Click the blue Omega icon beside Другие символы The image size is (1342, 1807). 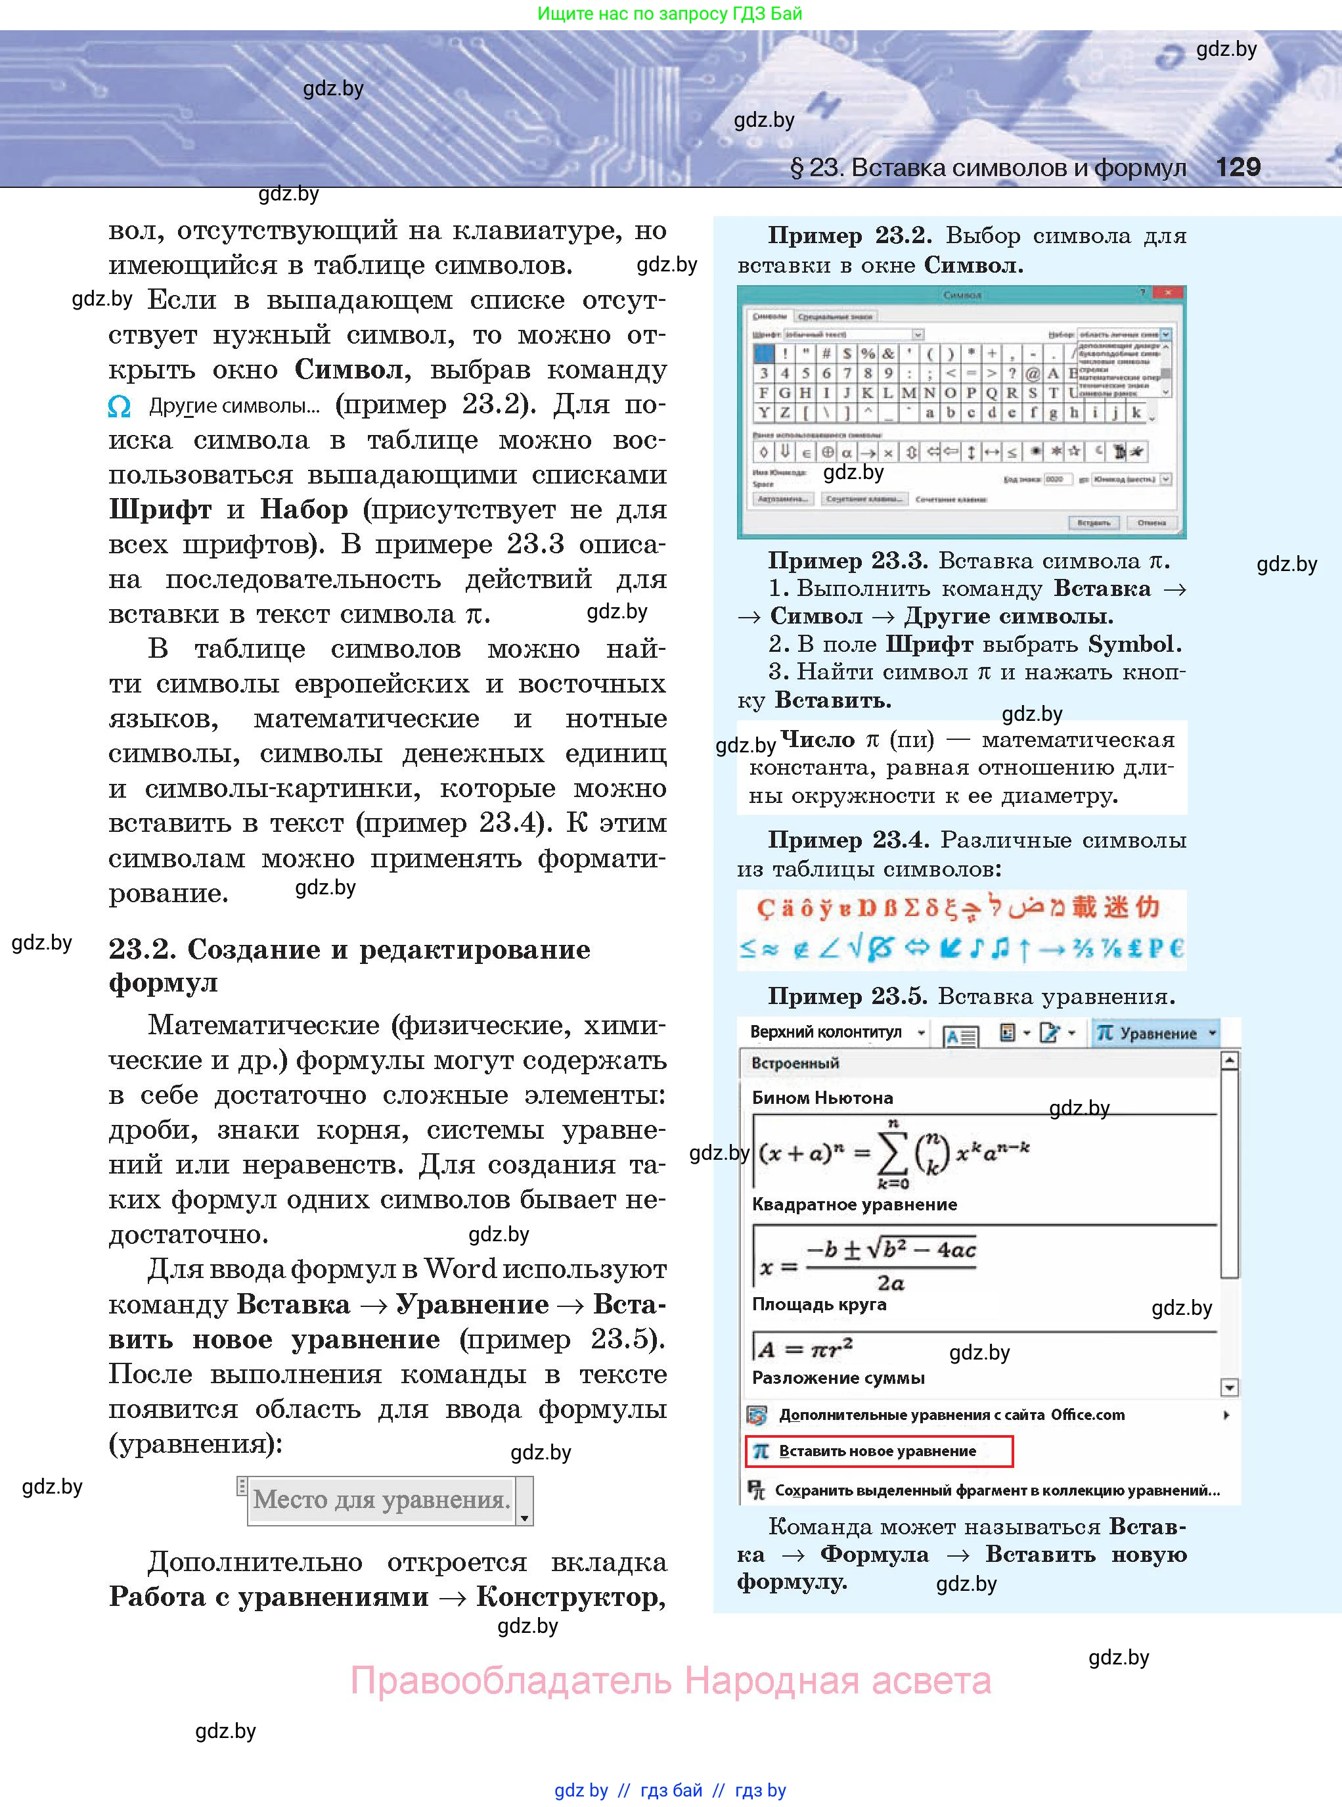coord(120,406)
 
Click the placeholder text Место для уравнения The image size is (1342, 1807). coord(381,1499)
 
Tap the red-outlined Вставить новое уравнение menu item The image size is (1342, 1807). coord(878,1451)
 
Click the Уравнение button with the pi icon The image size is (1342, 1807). coord(1155,1034)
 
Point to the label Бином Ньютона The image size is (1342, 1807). coord(822,1098)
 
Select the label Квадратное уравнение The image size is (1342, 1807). coord(854,1204)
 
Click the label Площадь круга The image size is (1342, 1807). coord(819,1304)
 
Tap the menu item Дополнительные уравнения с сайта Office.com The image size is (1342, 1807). coord(951,1415)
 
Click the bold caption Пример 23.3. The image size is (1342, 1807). coord(847,560)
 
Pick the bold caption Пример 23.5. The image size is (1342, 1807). coord(847,996)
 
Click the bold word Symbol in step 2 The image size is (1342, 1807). coord(1130,645)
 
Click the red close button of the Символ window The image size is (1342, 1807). coord(1168,292)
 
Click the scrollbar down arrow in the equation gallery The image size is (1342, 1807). coord(1229,1387)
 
